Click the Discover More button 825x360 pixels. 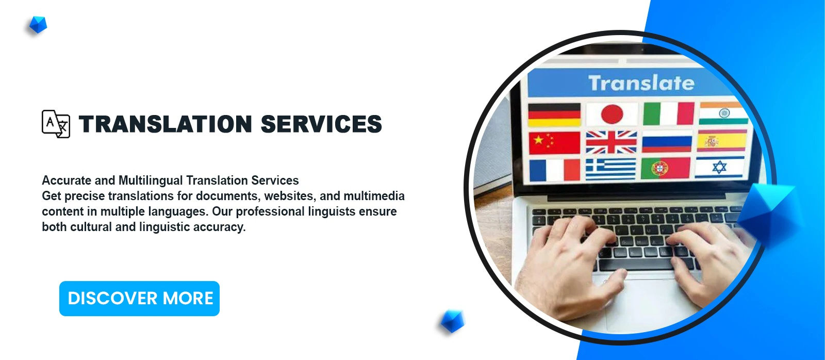[139, 299]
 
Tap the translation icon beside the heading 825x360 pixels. [56, 124]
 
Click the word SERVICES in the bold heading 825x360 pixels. [321, 124]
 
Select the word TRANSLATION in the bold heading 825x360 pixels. [166, 124]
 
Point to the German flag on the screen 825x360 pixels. [554, 114]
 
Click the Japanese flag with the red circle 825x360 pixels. [612, 114]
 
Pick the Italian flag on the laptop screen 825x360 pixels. [668, 113]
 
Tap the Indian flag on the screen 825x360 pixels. [723, 113]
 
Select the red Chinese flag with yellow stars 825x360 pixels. [554, 142]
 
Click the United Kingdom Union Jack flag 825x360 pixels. [612, 142]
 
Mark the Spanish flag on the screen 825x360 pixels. [722, 141]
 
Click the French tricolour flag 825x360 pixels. [555, 170]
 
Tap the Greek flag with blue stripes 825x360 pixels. [611, 169]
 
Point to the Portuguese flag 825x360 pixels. [666, 168]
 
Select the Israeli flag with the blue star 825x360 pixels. [720, 167]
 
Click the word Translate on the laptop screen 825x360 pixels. [641, 83]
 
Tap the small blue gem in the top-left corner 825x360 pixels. [38, 25]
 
